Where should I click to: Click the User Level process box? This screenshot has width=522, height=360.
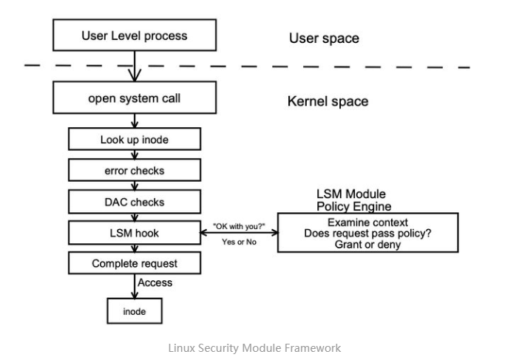[x=134, y=35]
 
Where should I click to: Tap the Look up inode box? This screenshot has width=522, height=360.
[x=134, y=139]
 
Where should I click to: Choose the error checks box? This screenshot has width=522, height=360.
[x=134, y=170]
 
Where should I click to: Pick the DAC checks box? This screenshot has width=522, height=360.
[x=134, y=201]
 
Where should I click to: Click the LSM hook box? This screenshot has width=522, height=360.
[x=134, y=233]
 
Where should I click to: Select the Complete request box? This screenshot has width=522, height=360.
[x=134, y=263]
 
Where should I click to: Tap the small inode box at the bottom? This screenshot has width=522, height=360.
[x=134, y=311]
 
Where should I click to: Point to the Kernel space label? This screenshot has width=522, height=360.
[x=328, y=101]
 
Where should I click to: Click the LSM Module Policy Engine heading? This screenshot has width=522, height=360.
[x=353, y=200]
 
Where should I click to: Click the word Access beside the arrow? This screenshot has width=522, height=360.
[x=155, y=282]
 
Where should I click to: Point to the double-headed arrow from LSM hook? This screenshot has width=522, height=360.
[x=238, y=233]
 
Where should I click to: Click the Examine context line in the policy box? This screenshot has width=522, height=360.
[x=367, y=222]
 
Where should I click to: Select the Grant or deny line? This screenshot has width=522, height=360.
[x=367, y=244]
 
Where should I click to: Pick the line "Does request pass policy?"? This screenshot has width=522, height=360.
[x=367, y=233]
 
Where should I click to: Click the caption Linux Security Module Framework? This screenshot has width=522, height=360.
[x=254, y=347]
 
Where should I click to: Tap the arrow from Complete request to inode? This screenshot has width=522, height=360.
[x=134, y=285]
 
